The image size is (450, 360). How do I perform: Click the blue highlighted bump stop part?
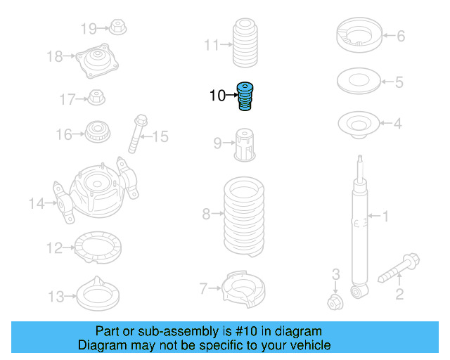tap(245, 96)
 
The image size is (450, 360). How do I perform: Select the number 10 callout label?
tap(217, 95)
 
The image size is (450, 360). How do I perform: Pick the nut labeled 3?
tap(335, 302)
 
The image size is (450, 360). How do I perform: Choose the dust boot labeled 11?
tap(244, 45)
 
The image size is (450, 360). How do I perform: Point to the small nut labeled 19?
tap(117, 28)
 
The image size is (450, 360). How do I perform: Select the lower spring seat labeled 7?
tap(243, 288)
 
